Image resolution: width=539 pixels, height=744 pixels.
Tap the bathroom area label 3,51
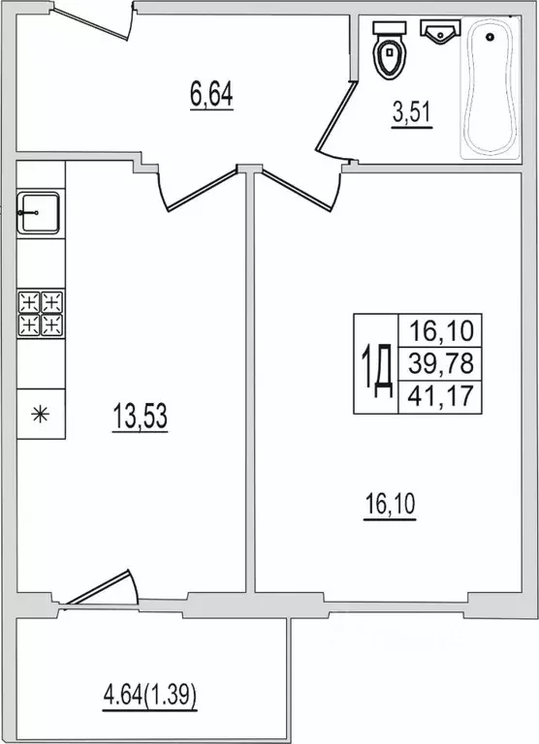(x=412, y=113)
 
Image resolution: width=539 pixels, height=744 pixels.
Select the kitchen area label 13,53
(x=141, y=417)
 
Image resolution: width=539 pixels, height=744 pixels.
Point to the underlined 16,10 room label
(x=390, y=505)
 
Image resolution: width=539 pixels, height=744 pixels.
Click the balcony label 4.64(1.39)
(x=149, y=697)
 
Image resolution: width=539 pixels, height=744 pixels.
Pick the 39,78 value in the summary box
(x=441, y=363)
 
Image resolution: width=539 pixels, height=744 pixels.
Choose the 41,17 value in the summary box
(x=441, y=395)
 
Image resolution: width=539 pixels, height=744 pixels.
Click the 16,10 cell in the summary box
(x=441, y=330)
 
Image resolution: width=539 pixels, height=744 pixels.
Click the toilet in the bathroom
(x=390, y=49)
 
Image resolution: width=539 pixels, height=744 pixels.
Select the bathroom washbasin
(x=440, y=32)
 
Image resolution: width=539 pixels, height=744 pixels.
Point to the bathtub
(x=491, y=88)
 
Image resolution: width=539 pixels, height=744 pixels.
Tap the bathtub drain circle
(x=490, y=37)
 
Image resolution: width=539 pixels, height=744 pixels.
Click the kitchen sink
(x=38, y=213)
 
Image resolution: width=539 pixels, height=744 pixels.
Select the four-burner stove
(x=41, y=314)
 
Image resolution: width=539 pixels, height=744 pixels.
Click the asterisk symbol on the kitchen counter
(x=41, y=415)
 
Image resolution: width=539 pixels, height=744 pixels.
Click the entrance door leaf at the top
(x=91, y=23)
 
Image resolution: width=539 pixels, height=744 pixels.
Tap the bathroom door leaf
(x=336, y=116)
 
